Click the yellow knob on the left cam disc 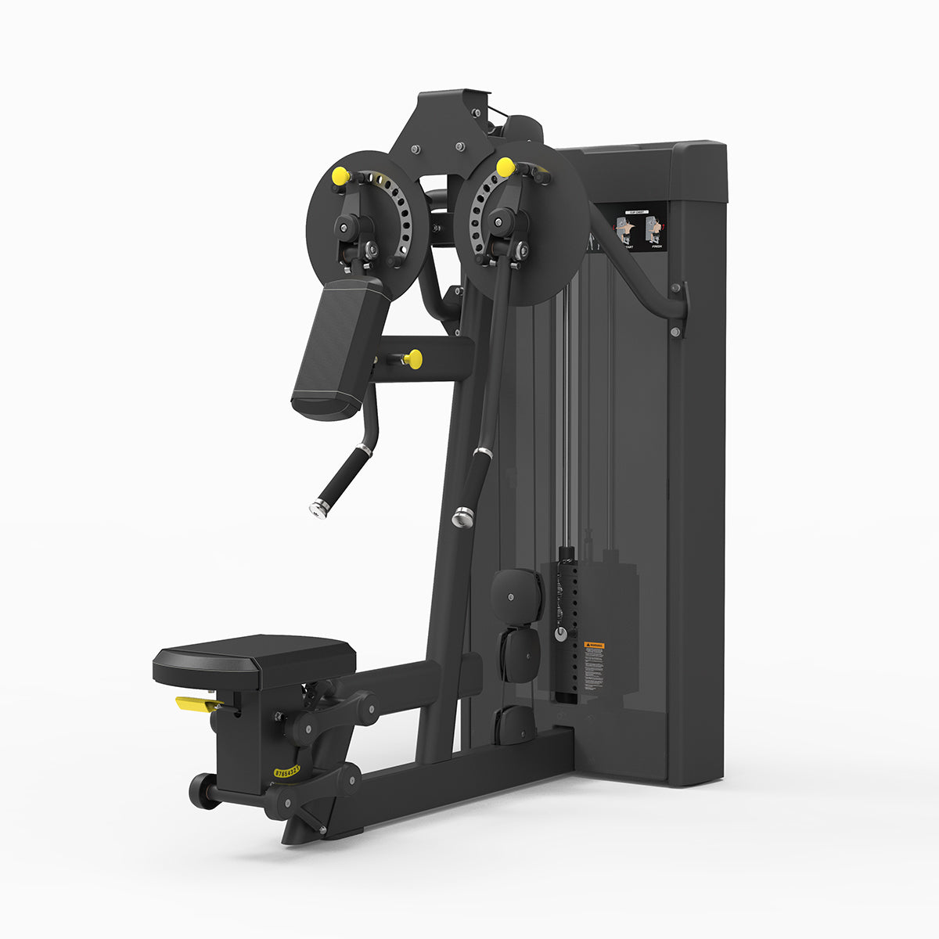[x=340, y=176]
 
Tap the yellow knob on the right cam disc [x=505, y=167]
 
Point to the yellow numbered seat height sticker [x=286, y=772]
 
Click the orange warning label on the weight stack [x=594, y=646]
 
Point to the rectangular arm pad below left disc [x=340, y=349]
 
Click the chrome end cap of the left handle [x=318, y=509]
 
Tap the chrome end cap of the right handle [x=462, y=516]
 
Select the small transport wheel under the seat [x=203, y=791]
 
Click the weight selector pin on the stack [x=560, y=633]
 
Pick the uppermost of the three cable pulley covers [x=516, y=592]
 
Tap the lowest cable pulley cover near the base [x=516, y=724]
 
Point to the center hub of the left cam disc [x=346, y=228]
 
